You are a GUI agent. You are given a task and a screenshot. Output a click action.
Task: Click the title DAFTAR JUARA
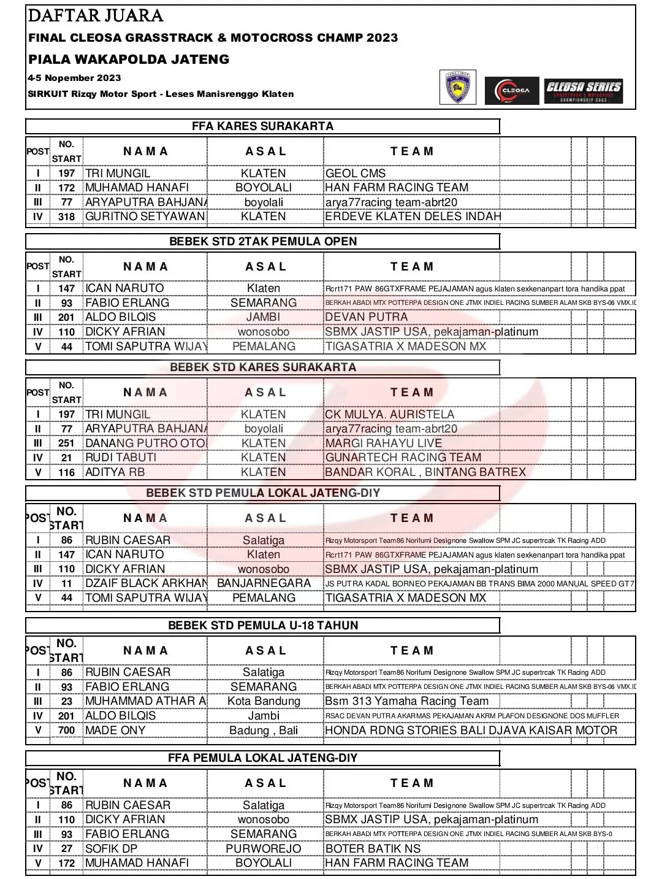point(96,16)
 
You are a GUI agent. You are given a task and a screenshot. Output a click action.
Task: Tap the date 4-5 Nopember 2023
point(74,78)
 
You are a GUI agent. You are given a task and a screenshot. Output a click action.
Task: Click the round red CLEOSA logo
point(512,91)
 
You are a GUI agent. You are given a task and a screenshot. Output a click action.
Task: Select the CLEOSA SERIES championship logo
point(583,90)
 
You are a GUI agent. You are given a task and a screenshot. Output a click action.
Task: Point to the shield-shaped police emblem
point(457,88)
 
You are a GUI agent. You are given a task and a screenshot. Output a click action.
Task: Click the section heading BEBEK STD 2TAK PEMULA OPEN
point(263,242)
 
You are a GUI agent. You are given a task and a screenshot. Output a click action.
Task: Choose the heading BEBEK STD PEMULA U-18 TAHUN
point(263,626)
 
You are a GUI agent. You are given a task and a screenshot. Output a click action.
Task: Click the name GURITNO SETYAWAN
point(145,217)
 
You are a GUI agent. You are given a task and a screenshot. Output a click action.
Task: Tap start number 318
point(66,217)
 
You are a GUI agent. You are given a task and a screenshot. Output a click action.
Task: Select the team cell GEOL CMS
point(356,174)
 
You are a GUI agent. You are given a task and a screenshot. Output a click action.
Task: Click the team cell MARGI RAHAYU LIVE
point(383,443)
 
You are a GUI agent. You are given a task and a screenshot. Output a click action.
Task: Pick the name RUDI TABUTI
point(121,458)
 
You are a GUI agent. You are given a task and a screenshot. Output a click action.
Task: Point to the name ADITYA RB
point(115,472)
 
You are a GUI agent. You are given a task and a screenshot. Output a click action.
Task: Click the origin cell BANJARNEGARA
point(264,583)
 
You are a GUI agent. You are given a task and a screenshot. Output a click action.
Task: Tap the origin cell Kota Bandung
point(264,701)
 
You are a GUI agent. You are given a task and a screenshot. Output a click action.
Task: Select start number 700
point(66,731)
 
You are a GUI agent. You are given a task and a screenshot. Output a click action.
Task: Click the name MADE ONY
point(115,731)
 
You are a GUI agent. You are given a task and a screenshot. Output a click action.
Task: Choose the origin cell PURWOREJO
point(264,849)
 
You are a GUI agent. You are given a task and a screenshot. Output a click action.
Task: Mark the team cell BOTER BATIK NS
point(373,849)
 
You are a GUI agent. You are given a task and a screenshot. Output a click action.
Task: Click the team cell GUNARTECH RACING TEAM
point(403,458)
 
